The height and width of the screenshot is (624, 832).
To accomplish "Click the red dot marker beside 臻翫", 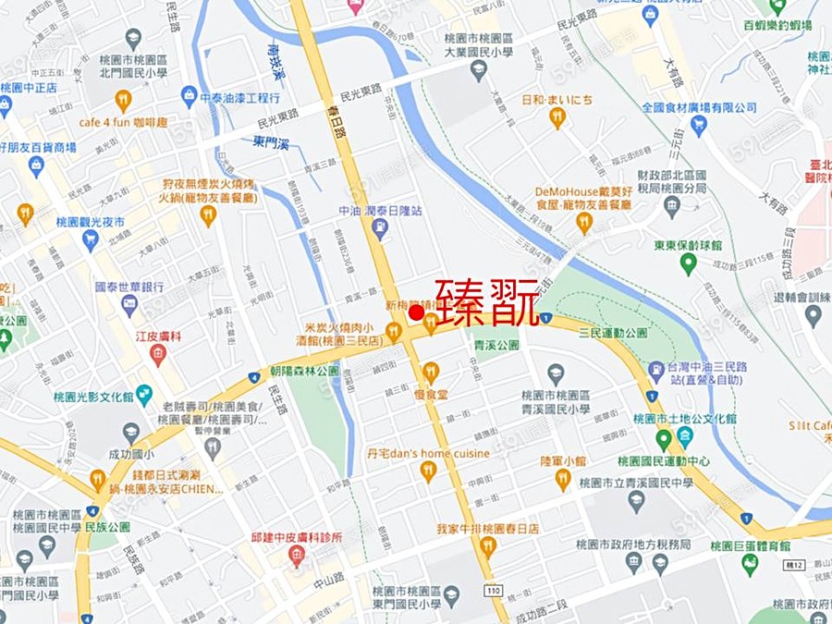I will click(416, 314).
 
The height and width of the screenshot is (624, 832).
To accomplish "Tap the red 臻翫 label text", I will click(487, 300).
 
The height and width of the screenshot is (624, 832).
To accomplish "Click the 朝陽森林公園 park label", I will click(305, 370).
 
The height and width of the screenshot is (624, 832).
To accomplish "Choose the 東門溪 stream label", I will click(271, 142).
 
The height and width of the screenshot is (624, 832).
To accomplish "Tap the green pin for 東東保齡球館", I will click(687, 263).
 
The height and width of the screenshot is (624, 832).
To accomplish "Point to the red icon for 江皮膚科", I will click(158, 354).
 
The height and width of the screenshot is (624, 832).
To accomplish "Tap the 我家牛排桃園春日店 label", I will click(486, 529).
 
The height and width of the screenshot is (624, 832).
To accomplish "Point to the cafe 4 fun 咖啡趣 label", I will click(123, 121).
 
